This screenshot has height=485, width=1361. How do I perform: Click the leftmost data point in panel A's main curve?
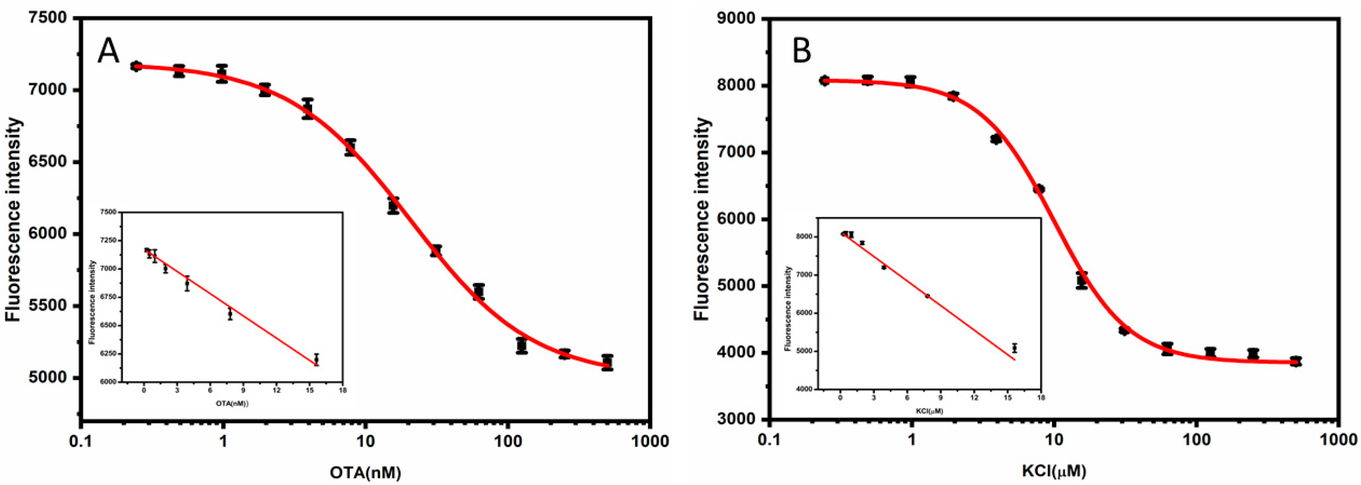136,66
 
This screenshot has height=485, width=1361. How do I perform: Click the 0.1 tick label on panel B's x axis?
769,441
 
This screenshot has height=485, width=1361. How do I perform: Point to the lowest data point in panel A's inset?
316,360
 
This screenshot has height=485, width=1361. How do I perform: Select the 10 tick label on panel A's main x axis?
366,441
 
